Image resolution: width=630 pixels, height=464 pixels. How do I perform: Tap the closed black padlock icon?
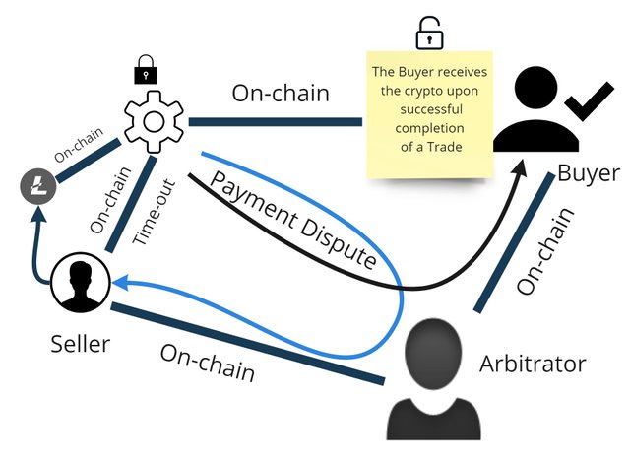pos(144,68)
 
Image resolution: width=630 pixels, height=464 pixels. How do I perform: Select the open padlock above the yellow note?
pos(427,34)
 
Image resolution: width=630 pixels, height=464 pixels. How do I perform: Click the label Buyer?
pos(588,174)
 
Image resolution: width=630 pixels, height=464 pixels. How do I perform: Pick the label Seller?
pos(80,344)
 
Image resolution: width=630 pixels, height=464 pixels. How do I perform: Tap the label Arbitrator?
pos(533,364)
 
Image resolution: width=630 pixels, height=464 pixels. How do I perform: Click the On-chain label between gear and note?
pos(280,94)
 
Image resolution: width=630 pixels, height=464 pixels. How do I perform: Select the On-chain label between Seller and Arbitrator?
pos(208,363)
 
